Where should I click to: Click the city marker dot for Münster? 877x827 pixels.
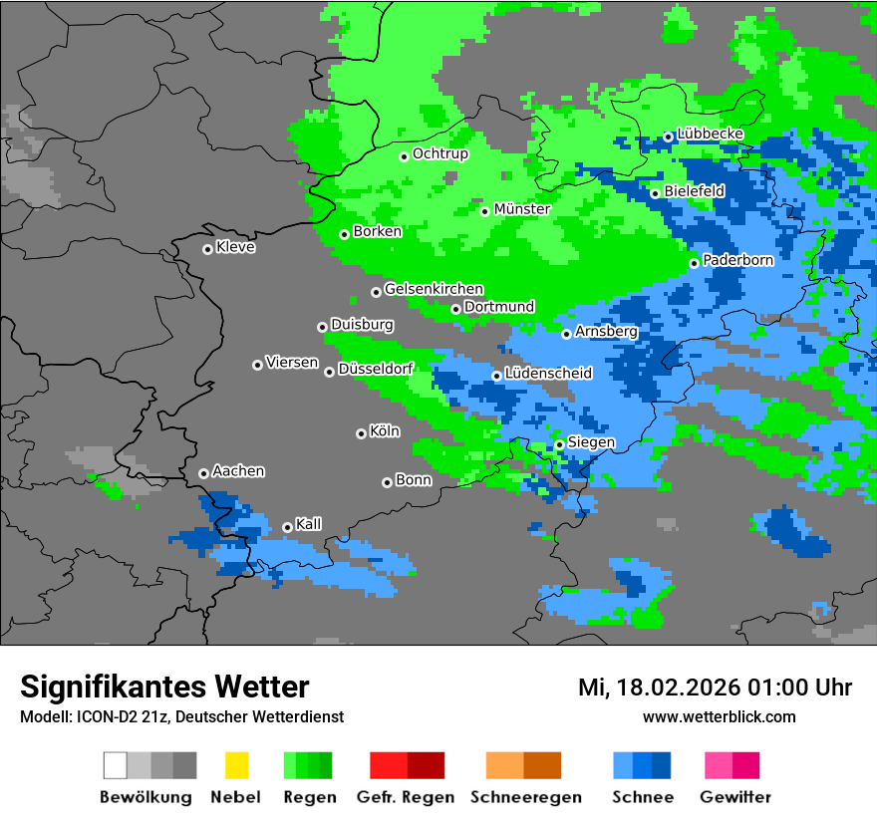[485, 211]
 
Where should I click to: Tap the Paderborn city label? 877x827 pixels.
[737, 260]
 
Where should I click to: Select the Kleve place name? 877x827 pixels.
[235, 247]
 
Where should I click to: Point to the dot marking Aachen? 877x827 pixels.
[204, 473]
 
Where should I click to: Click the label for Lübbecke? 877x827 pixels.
[710, 134]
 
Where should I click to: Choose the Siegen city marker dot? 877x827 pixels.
[560, 444]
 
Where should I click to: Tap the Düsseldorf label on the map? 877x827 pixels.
[376, 369]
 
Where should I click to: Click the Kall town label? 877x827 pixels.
[308, 523]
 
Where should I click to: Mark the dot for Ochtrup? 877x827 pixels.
[405, 155]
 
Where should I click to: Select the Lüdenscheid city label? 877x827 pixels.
[548, 373]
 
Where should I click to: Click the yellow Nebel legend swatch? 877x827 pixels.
[236, 765]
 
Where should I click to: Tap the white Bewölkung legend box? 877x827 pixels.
[116, 765]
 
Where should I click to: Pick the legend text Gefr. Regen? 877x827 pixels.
[406, 797]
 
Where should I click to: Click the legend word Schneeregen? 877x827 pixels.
[525, 797]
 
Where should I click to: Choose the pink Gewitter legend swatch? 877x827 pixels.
[719, 765]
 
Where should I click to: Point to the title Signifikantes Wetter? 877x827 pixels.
[164, 687]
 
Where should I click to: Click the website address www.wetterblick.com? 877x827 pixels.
[719, 716]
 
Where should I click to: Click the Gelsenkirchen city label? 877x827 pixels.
[434, 289]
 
